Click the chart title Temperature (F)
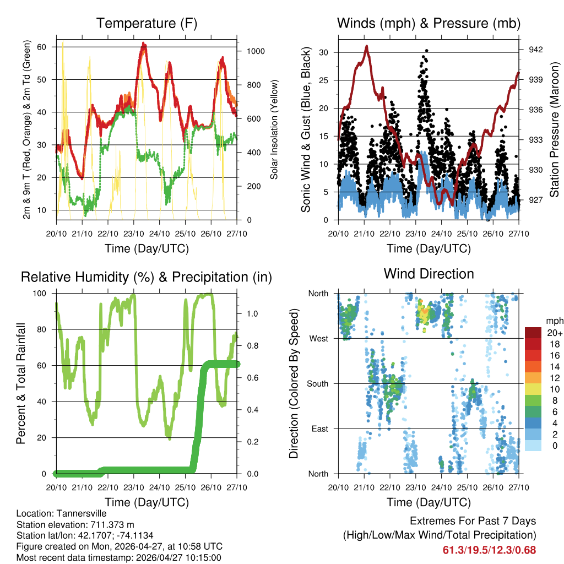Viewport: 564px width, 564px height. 147,23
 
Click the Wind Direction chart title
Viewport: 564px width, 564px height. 429,274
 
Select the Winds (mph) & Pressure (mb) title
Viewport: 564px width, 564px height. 429,23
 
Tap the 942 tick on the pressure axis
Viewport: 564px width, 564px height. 536,50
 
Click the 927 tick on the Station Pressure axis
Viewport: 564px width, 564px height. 536,200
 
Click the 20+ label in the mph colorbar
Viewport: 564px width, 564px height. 554,333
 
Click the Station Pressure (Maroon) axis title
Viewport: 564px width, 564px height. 555,121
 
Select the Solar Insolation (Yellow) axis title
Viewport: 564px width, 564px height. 274,129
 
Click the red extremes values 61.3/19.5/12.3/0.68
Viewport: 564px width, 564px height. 489,550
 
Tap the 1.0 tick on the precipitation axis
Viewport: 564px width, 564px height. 253,313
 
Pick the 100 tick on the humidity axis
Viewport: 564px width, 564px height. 45,294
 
